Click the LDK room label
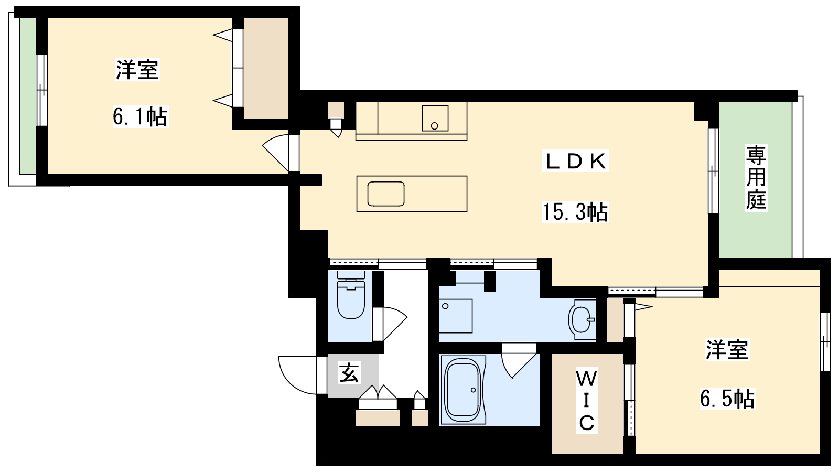click(575, 162)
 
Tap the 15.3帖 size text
click(575, 212)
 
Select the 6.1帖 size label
click(141, 116)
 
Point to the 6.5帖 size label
click(727, 399)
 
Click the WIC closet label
click(587, 402)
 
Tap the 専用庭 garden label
click(756, 178)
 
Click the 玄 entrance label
click(349, 373)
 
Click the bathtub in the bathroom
click(464, 390)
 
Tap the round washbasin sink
click(582, 319)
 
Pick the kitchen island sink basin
click(386, 194)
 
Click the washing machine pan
click(456, 316)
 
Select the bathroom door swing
click(519, 361)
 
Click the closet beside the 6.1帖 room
click(266, 68)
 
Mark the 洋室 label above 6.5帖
click(727, 350)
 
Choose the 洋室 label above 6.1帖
click(137, 69)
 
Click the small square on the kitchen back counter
click(435, 119)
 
